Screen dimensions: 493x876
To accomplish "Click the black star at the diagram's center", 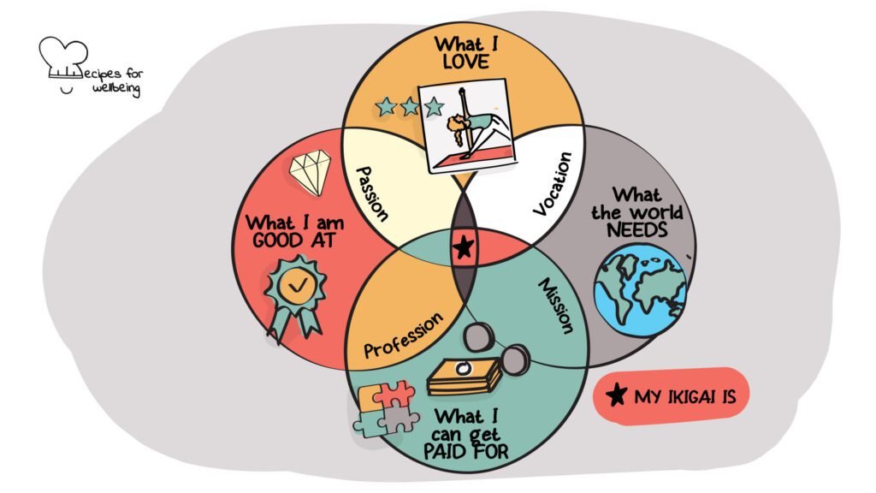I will [463, 247].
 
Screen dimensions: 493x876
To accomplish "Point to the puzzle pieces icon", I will [387, 409].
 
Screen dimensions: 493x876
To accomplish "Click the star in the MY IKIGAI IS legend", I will [614, 395].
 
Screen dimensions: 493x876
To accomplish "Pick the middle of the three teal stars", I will [410, 107].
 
